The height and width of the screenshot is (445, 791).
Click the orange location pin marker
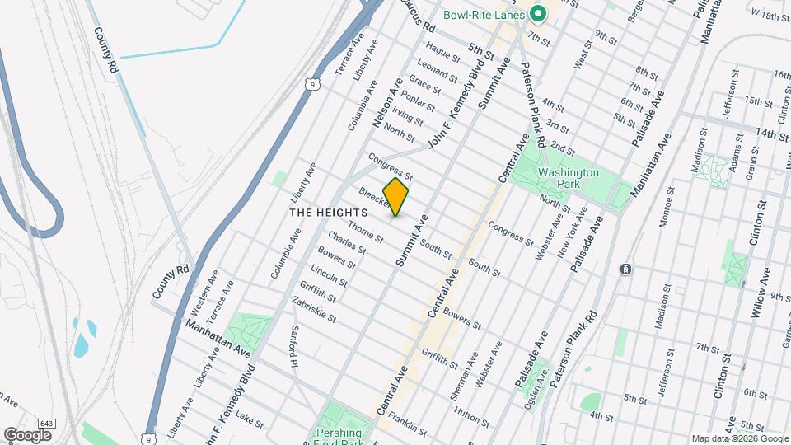[x=395, y=196]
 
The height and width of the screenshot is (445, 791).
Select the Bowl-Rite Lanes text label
[x=484, y=14]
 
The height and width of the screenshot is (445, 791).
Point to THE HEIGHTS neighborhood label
[x=328, y=212]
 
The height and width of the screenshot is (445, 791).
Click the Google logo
[x=27, y=433]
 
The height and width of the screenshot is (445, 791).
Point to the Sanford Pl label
[x=293, y=346]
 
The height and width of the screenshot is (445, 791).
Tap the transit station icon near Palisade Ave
[x=626, y=269]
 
